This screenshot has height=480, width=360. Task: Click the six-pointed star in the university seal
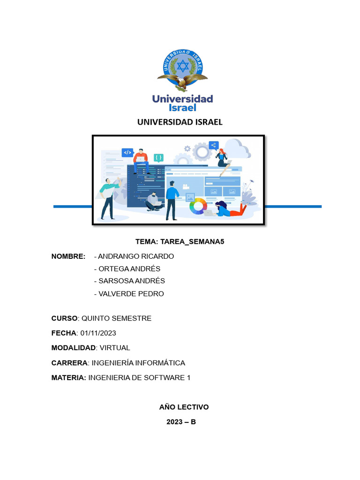click(x=183, y=67)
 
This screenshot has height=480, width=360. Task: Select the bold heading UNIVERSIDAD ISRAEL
click(x=180, y=122)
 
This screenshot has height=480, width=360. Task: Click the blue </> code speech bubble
click(x=127, y=152)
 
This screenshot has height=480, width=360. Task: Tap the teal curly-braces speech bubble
click(x=159, y=158)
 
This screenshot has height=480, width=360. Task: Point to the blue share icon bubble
click(x=214, y=145)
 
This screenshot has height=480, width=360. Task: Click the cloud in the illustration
click(x=237, y=149)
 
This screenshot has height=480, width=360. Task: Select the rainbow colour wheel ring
click(x=198, y=205)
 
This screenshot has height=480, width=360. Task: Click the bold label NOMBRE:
click(x=68, y=256)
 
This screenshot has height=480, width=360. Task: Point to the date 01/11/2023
click(x=98, y=333)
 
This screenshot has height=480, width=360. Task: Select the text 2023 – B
click(x=181, y=422)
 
